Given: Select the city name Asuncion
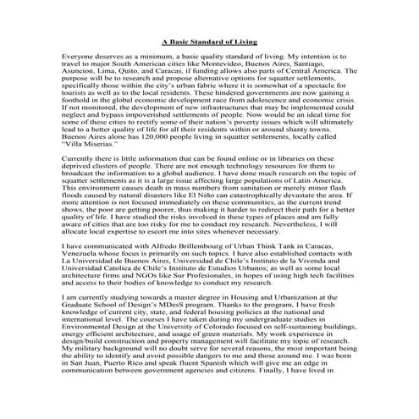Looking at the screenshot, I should pos(83,74).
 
